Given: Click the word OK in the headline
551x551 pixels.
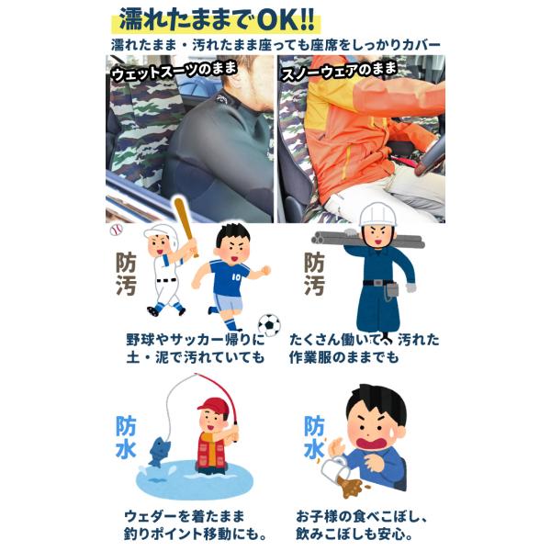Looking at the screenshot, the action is pos(278,20).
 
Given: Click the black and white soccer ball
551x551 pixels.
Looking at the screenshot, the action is pos(269,325).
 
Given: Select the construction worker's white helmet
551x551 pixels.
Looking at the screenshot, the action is pos(377,214).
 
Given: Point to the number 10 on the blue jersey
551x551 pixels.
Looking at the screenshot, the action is pos(236,277).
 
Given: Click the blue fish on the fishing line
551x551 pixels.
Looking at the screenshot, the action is pos(160,451).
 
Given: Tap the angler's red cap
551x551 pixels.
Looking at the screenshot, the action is pos(213,406).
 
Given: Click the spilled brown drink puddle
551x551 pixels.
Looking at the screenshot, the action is pos(352,487).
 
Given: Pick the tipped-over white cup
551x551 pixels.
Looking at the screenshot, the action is pos(333,468).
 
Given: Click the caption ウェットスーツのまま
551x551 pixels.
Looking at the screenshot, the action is pos(174,72).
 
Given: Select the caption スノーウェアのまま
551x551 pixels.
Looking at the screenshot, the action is pos(340,72).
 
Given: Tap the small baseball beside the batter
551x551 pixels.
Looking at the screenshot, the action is pos(116,231).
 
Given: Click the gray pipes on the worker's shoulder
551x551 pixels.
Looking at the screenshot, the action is pos(367,239).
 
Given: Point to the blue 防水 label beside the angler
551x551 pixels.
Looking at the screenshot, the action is pos(126,438).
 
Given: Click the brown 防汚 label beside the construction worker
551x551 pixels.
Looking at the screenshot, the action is pos(314,274).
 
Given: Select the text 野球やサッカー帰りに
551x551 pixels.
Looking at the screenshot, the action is pos(196,340).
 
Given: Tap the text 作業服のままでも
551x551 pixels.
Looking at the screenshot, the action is pos(344,357).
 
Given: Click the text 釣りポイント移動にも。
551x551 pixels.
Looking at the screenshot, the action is pos(196,534).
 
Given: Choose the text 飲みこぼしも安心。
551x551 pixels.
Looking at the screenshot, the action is pos(354,534).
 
